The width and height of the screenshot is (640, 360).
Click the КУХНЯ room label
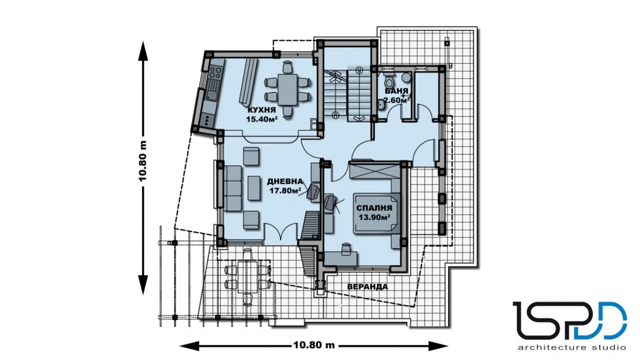click(x=262, y=110)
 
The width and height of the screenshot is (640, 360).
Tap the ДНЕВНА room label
click(x=285, y=181)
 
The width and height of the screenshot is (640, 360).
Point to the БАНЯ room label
click(x=397, y=91)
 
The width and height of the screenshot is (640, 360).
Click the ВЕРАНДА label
click(x=367, y=287)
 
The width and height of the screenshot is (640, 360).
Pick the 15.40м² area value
click(x=262, y=120)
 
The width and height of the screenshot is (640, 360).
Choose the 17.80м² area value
click(x=285, y=190)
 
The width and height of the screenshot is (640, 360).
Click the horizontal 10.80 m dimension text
click(x=314, y=345)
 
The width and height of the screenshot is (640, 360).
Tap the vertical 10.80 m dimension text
click(x=143, y=162)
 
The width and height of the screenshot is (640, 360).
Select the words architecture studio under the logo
click(x=571, y=348)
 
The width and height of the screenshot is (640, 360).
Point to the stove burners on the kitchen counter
click(x=215, y=73)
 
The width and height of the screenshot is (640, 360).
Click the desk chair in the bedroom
click(x=346, y=247)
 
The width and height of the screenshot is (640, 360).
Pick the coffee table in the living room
click(x=254, y=188)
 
